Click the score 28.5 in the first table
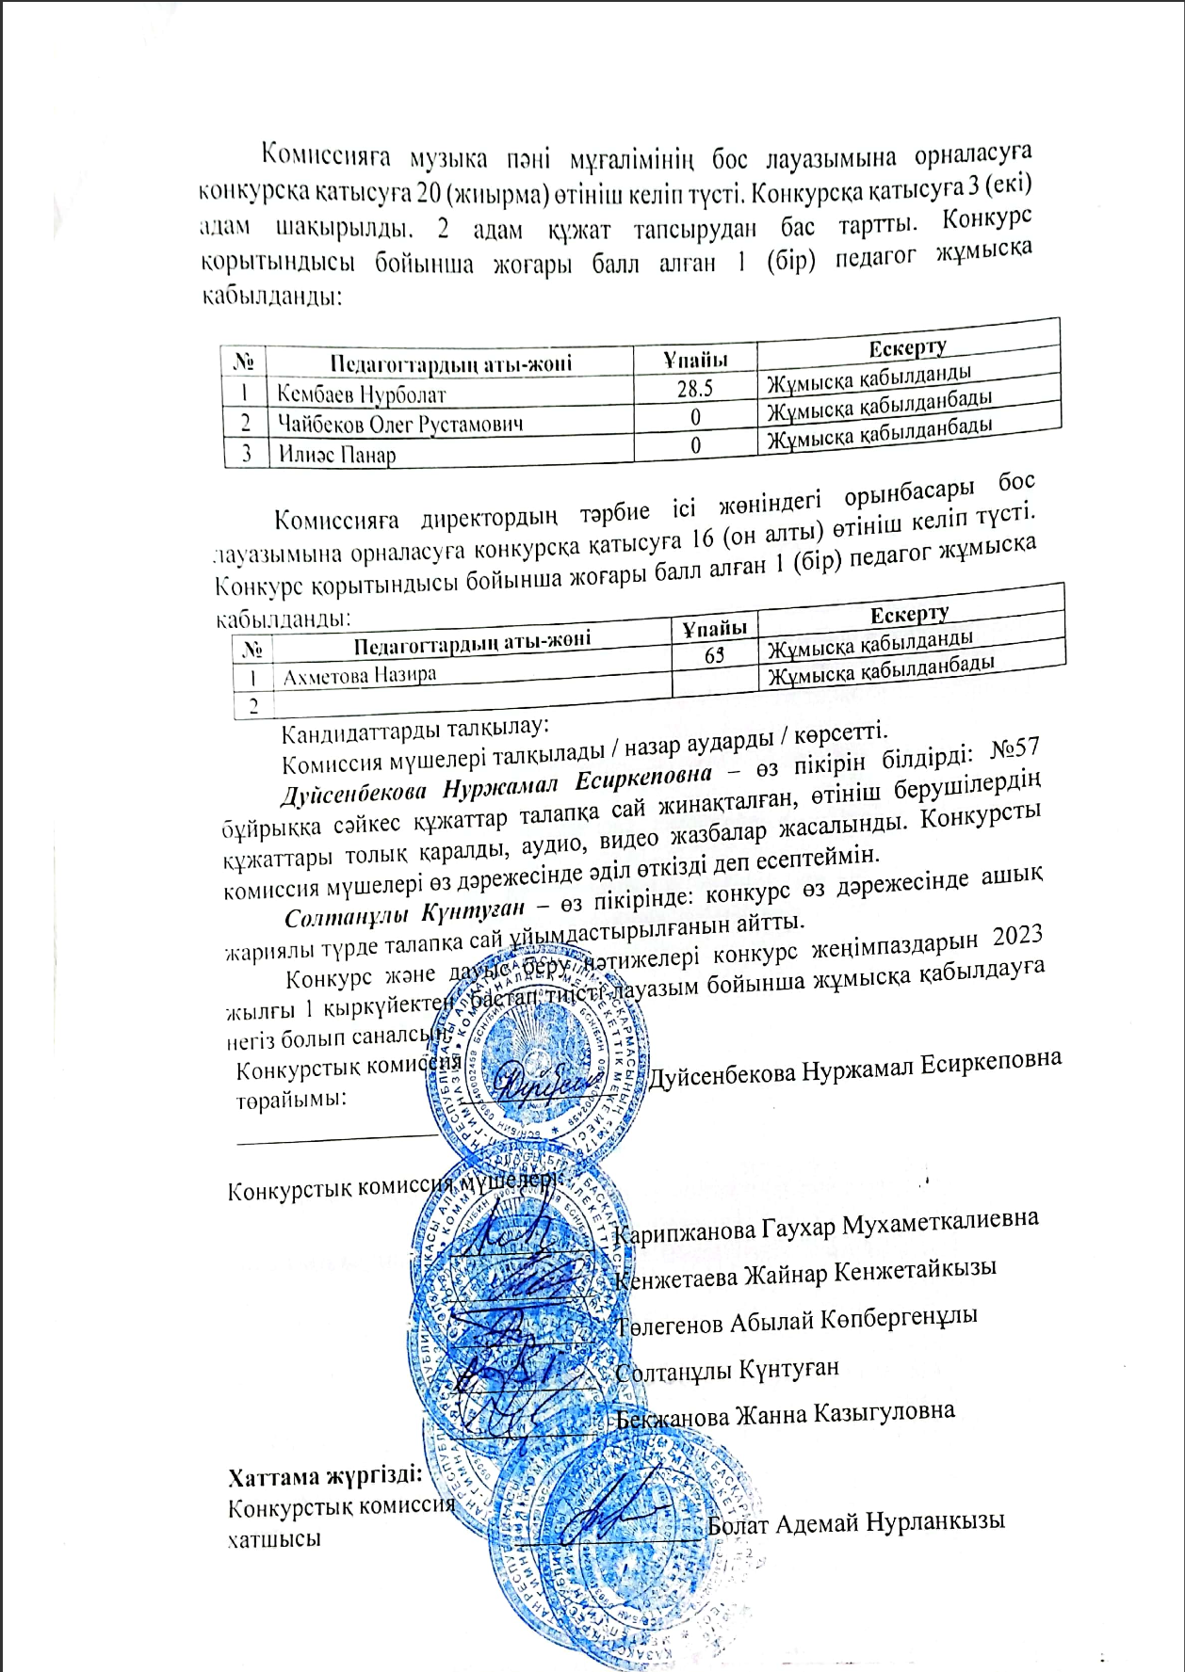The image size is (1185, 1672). pyautogui.click(x=695, y=389)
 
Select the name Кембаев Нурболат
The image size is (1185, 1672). pyautogui.click(x=361, y=394)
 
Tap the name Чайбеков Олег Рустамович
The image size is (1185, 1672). pyautogui.click(x=399, y=424)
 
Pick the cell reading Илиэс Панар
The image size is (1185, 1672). pyautogui.click(x=336, y=455)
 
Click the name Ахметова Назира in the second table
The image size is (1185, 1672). pyautogui.click(x=360, y=675)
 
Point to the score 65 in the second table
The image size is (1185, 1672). pyautogui.click(x=714, y=653)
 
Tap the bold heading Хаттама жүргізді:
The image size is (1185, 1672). pyautogui.click(x=325, y=1476)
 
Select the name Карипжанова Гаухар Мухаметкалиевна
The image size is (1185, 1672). pyautogui.click(x=826, y=1225)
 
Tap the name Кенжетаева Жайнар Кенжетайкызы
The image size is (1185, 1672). pyautogui.click(x=805, y=1273)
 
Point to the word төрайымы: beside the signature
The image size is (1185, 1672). pyautogui.click(x=291, y=1099)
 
